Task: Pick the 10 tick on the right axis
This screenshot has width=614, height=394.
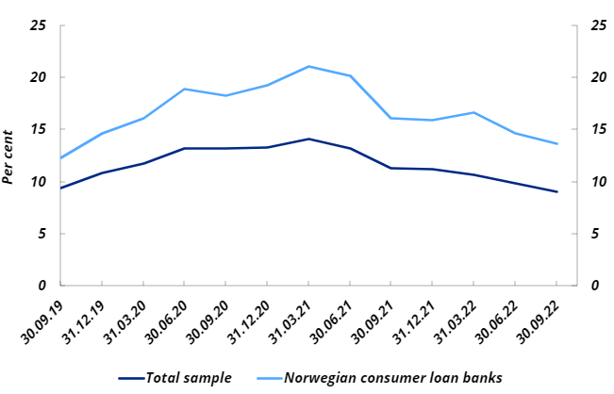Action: [x=597, y=182]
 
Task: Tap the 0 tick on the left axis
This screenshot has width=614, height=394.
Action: [x=42, y=286]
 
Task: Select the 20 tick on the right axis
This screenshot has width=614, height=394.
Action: [x=597, y=77]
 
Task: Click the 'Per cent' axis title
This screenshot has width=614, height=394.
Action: [x=9, y=156]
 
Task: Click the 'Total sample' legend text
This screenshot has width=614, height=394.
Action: [x=189, y=378]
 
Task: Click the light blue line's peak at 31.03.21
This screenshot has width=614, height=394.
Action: [x=308, y=66]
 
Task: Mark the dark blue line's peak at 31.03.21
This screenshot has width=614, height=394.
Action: [x=308, y=139]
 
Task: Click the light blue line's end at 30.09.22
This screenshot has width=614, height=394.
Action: [x=556, y=143]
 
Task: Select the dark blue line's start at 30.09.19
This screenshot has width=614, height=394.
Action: [x=60, y=188]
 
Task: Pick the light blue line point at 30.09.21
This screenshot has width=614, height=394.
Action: [x=391, y=118]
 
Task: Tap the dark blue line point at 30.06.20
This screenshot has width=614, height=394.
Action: [x=185, y=148]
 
